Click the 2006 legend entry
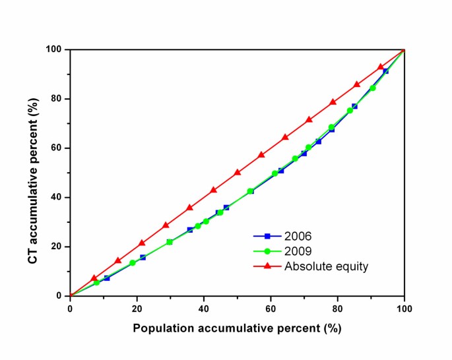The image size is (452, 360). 294,235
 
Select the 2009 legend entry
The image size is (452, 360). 294,251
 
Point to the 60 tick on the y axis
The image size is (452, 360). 59,148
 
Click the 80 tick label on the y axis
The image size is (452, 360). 59,99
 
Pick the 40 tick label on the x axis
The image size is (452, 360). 204,309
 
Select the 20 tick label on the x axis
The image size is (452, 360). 137,309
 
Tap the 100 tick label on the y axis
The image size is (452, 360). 57,49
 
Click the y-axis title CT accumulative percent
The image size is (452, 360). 32,172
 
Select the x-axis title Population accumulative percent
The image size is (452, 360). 237,328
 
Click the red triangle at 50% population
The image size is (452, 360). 238,172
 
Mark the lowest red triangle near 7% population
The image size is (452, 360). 94,278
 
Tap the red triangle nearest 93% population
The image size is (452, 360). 381,67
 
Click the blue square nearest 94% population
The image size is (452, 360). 386,71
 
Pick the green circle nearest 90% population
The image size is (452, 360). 373,88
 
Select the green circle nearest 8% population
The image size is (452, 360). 97,282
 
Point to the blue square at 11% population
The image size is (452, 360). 107,278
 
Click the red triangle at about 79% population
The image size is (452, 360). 333,102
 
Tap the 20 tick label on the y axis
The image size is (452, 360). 59,247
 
